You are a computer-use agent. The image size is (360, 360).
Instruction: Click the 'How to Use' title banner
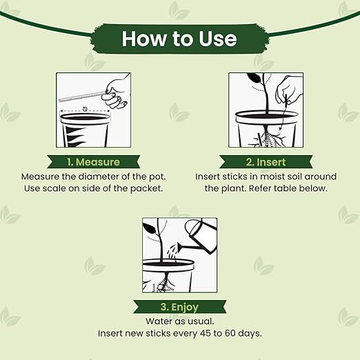click(x=179, y=39)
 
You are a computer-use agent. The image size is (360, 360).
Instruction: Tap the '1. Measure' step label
click(x=94, y=162)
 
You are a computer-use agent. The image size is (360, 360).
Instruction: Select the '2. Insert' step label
click(x=266, y=162)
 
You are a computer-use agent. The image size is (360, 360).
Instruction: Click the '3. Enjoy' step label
click(x=179, y=307)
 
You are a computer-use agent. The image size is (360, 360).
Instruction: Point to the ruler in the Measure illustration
click(x=81, y=97)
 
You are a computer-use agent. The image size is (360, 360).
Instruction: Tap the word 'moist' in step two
click(x=246, y=177)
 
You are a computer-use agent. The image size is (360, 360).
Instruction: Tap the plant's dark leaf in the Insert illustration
click(x=254, y=79)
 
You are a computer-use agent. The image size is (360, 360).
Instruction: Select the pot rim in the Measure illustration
click(x=86, y=119)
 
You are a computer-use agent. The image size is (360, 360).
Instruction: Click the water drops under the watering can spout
click(x=172, y=252)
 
